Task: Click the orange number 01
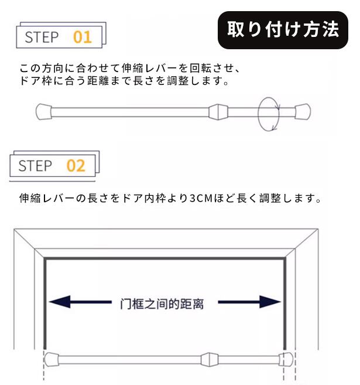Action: pyautogui.click(x=83, y=38)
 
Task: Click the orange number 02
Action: pyautogui.click(x=76, y=165)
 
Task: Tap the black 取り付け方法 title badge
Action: pyautogui.click(x=283, y=29)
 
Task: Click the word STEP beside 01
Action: pyautogui.click(x=42, y=38)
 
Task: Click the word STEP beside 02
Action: pyautogui.click(x=35, y=165)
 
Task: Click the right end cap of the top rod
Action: pyautogui.click(x=302, y=111)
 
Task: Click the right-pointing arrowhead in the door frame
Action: pyautogui.click(x=270, y=303)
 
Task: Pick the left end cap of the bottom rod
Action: pyautogui.click(x=53, y=358)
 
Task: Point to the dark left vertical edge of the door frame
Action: pyautogui.click(x=45, y=305)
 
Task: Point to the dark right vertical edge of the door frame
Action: pyautogui.click(x=285, y=305)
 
